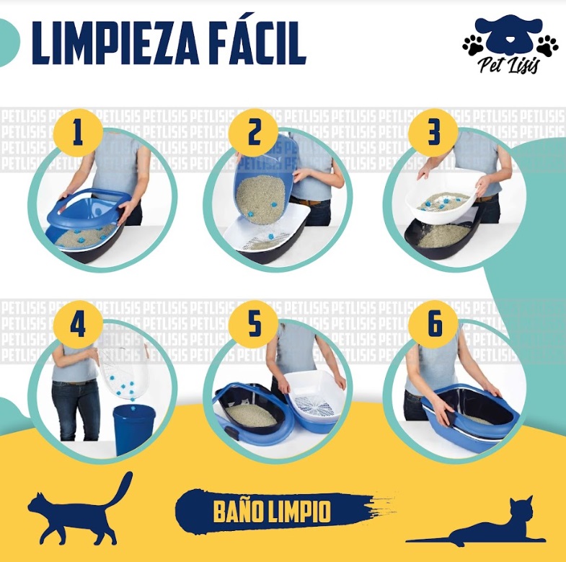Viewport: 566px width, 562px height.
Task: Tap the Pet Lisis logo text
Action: pyautogui.click(x=510, y=67)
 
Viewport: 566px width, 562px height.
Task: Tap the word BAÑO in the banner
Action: pyautogui.click(x=239, y=511)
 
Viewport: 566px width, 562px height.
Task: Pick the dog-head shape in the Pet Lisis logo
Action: pyautogui.click(x=510, y=35)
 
